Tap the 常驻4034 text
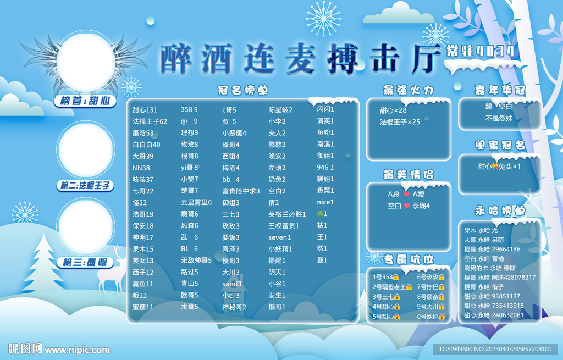tap(481, 51)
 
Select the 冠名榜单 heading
tap(242, 90)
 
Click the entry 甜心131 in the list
tap(145, 110)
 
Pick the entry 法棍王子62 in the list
tap(150, 121)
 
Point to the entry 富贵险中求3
tap(241, 191)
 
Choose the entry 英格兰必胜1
tap(287, 214)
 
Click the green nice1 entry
tap(325, 202)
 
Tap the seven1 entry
tap(279, 237)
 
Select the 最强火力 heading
tap(409, 90)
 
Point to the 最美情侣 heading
tap(409, 174)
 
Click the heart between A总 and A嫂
tap(407, 194)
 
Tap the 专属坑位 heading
tap(409, 259)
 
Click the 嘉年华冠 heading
tap(500, 90)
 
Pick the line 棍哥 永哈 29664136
tap(492, 249)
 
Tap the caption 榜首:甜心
tap(85, 101)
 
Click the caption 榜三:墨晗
tap(85, 263)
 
